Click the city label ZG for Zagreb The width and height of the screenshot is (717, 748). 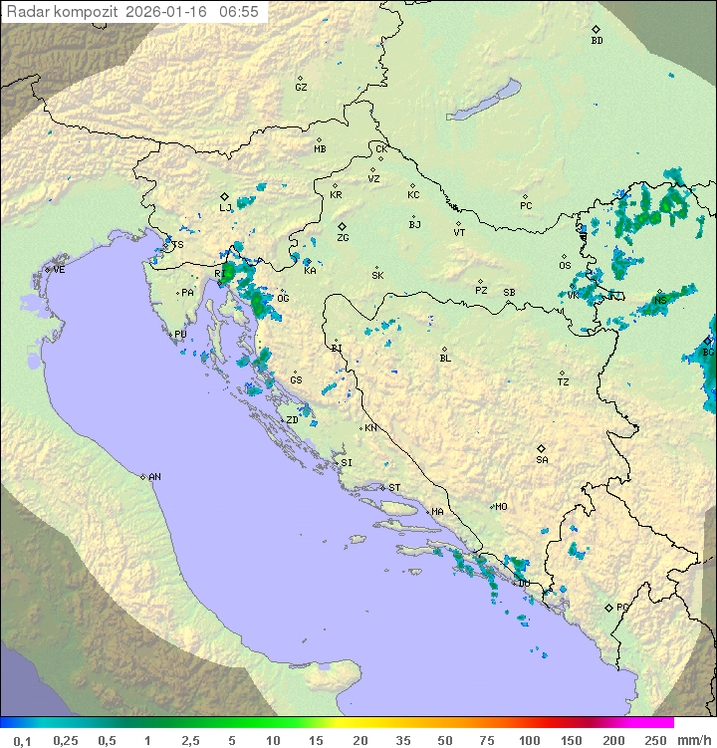click(x=343, y=238)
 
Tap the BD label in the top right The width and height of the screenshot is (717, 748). click(x=597, y=41)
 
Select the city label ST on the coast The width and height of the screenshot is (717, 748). click(x=394, y=488)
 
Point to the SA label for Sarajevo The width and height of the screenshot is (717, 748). click(x=542, y=460)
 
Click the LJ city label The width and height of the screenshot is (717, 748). click(x=225, y=208)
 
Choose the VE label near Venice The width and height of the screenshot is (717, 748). click(x=59, y=270)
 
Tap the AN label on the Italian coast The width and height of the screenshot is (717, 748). click(x=154, y=477)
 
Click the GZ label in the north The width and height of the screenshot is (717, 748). click(x=301, y=88)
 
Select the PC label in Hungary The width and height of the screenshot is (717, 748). click(x=526, y=206)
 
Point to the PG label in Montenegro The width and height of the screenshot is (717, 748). click(x=622, y=607)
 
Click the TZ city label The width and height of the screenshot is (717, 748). click(x=564, y=382)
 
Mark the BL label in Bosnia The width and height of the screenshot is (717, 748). click(x=445, y=359)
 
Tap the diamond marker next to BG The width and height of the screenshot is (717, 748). click(x=707, y=341)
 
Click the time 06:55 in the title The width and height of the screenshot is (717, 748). click(x=239, y=12)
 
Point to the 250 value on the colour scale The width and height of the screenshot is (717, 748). click(x=654, y=740)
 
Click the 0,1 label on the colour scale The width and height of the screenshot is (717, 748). click(x=22, y=740)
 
